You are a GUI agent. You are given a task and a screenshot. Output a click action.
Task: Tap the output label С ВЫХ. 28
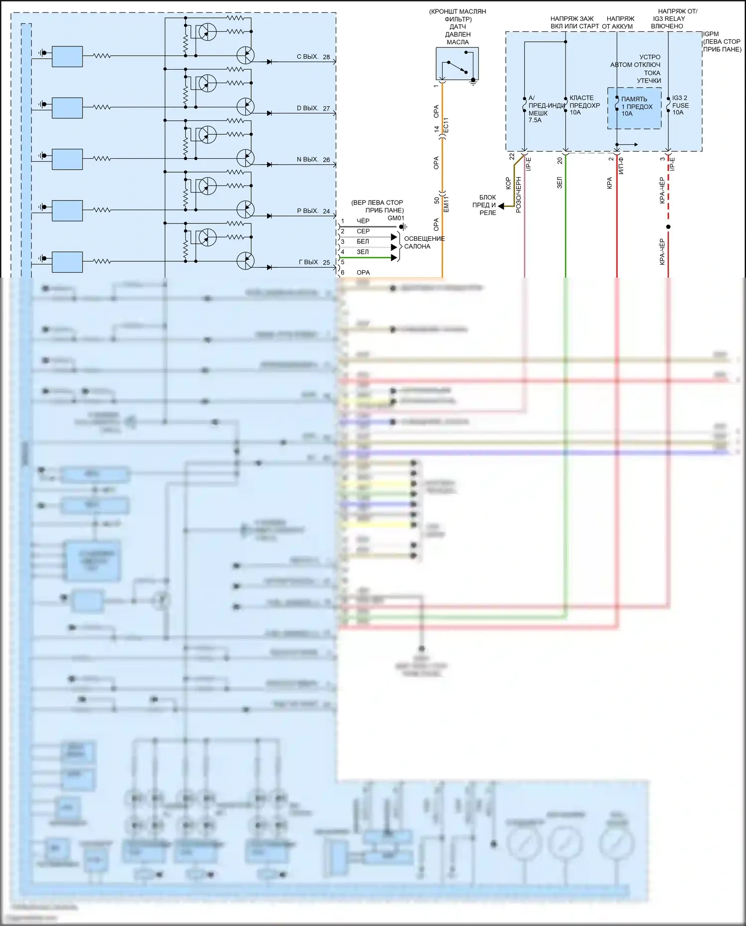click(313, 57)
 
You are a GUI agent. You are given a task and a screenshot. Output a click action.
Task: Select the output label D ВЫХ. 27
click(313, 108)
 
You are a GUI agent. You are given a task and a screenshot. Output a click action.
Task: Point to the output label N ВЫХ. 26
click(313, 159)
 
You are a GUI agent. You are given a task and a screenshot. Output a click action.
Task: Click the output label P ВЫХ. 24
click(313, 211)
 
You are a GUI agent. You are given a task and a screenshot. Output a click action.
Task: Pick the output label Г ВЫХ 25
click(314, 262)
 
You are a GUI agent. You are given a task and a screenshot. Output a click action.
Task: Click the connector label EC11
click(446, 125)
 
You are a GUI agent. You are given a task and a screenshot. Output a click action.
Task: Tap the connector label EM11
click(446, 204)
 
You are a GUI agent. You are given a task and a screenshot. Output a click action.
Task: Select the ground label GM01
click(396, 218)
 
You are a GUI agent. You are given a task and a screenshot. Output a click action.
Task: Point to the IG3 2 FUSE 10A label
click(680, 105)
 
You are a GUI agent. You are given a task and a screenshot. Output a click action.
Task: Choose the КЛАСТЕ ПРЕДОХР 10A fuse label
click(584, 105)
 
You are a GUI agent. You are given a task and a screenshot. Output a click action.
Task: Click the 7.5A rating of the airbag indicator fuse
click(535, 120)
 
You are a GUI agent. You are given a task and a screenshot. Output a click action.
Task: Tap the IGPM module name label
click(711, 34)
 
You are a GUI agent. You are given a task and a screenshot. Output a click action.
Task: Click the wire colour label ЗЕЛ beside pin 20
click(559, 182)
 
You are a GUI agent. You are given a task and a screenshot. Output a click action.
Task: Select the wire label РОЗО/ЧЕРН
click(518, 195)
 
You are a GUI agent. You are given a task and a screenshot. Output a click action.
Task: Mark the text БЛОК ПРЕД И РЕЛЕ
click(487, 205)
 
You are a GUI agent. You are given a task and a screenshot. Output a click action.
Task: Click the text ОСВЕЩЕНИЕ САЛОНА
click(424, 242)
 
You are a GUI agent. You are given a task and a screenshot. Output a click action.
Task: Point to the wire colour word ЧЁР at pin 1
click(363, 221)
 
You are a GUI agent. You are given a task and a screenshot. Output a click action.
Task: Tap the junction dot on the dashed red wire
click(668, 227)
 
